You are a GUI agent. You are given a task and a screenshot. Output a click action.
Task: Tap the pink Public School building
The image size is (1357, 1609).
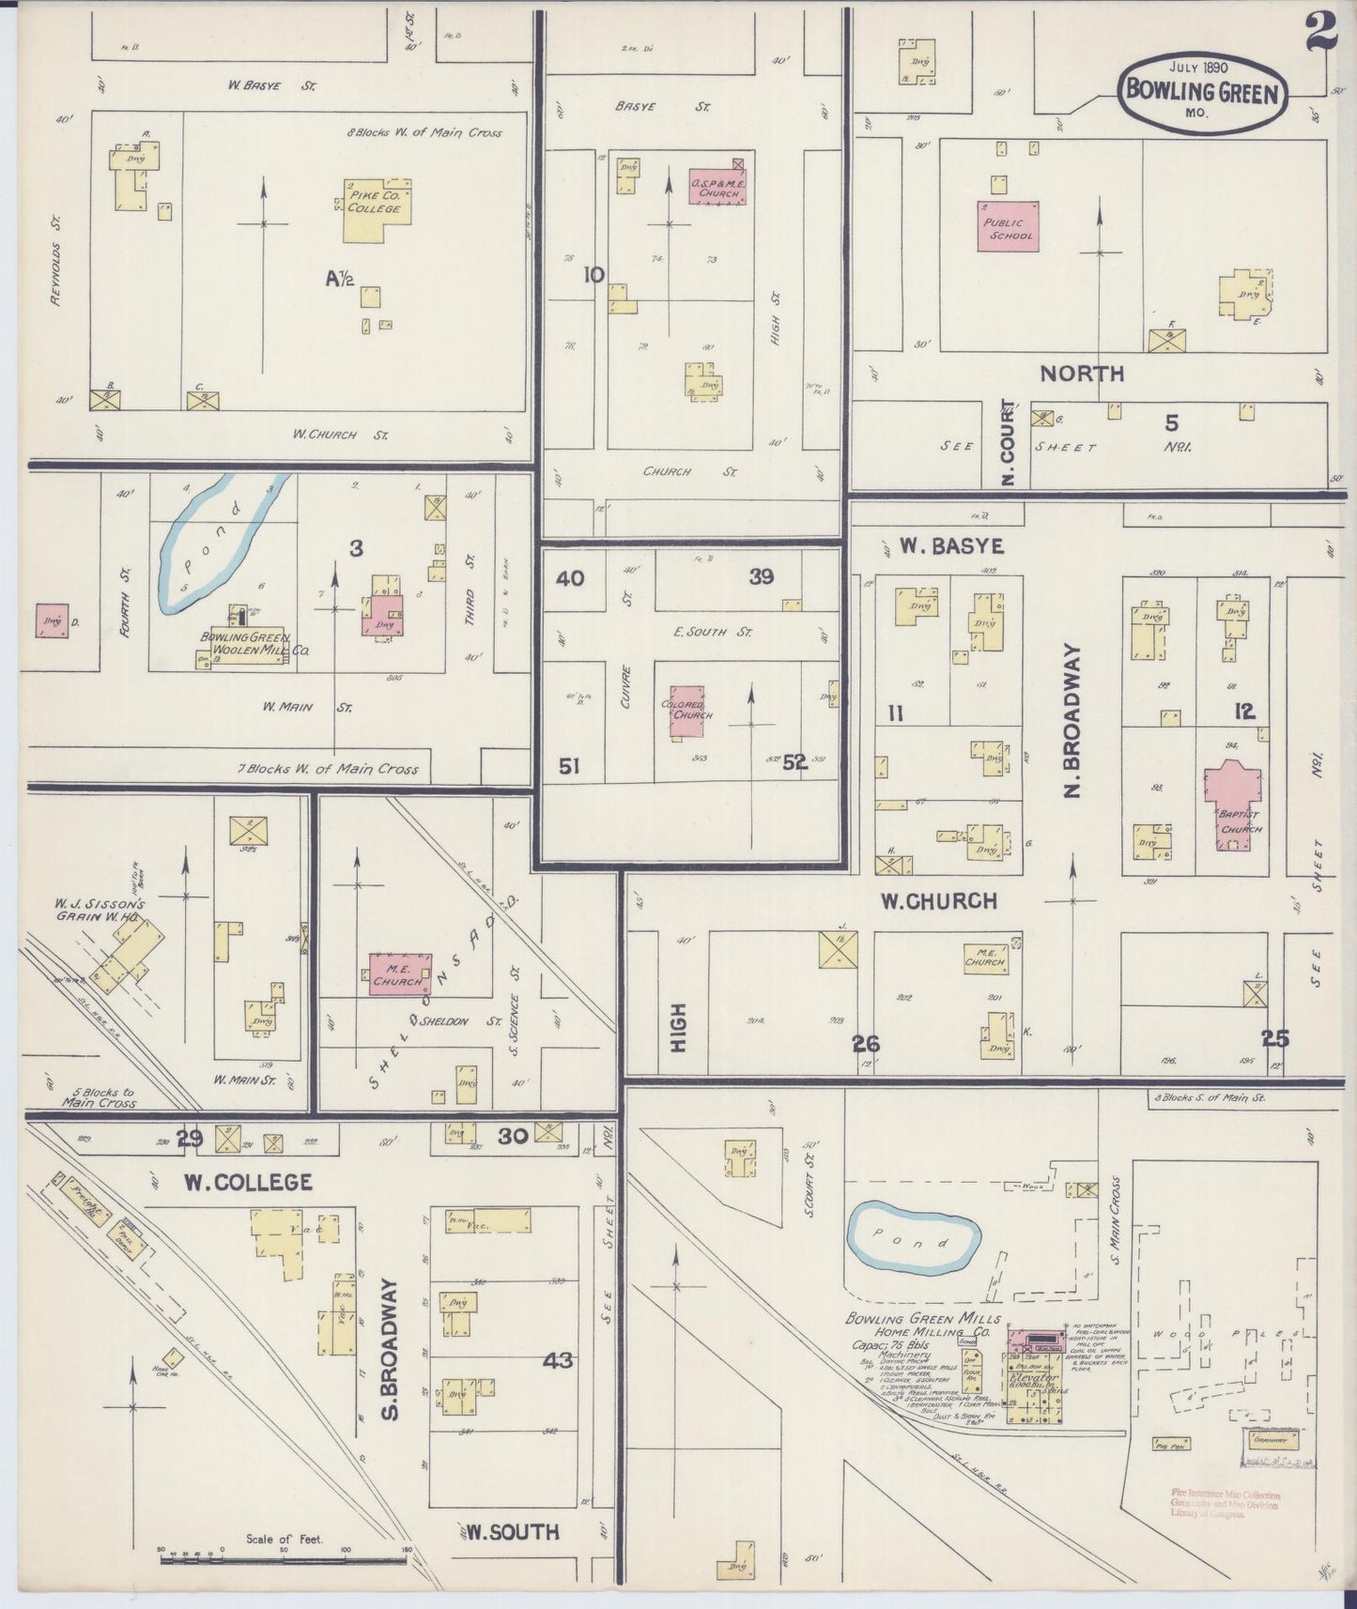point(1009,226)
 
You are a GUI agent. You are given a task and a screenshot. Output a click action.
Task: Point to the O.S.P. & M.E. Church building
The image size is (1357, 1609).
point(718,185)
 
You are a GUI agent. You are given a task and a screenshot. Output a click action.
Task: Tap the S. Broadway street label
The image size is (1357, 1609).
point(392,1349)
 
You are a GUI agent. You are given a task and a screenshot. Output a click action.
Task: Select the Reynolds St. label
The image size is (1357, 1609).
point(56,262)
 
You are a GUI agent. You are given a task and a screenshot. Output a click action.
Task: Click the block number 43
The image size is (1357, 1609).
point(557,1359)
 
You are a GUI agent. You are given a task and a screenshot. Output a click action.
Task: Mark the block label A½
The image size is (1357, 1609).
point(339,278)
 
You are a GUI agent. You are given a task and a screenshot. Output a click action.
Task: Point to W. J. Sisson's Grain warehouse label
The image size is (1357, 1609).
point(94,911)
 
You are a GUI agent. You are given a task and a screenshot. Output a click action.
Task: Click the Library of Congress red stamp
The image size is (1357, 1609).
point(1225,1504)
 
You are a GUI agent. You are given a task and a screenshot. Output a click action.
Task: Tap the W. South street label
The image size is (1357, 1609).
point(513,1532)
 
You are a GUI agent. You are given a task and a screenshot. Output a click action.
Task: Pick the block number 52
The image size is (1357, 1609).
point(794,762)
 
